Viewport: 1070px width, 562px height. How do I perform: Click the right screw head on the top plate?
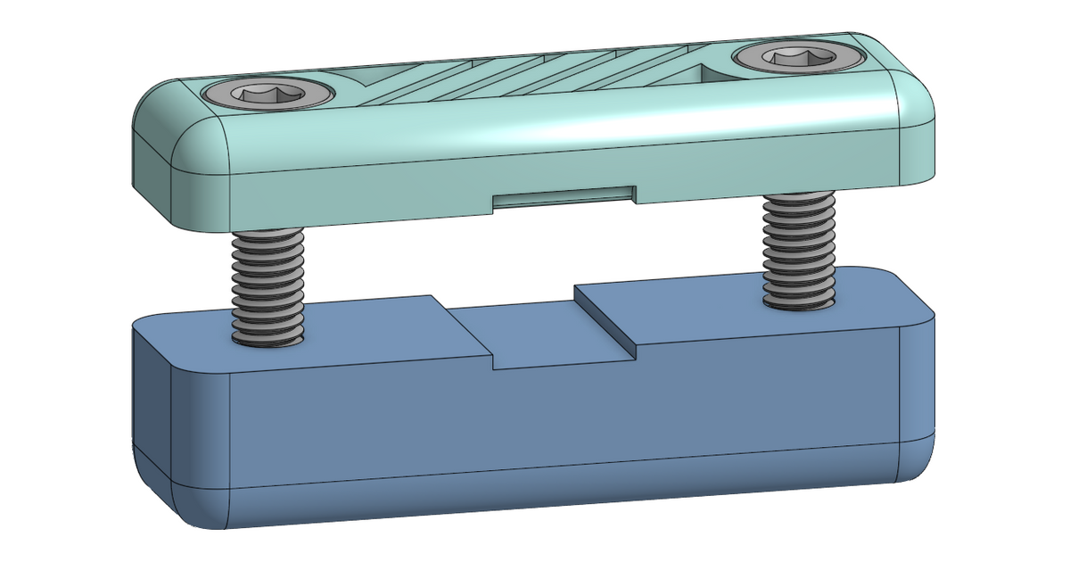[800, 58]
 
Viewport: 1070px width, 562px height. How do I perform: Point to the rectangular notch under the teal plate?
[564, 197]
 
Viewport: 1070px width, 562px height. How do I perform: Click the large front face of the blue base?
[553, 419]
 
